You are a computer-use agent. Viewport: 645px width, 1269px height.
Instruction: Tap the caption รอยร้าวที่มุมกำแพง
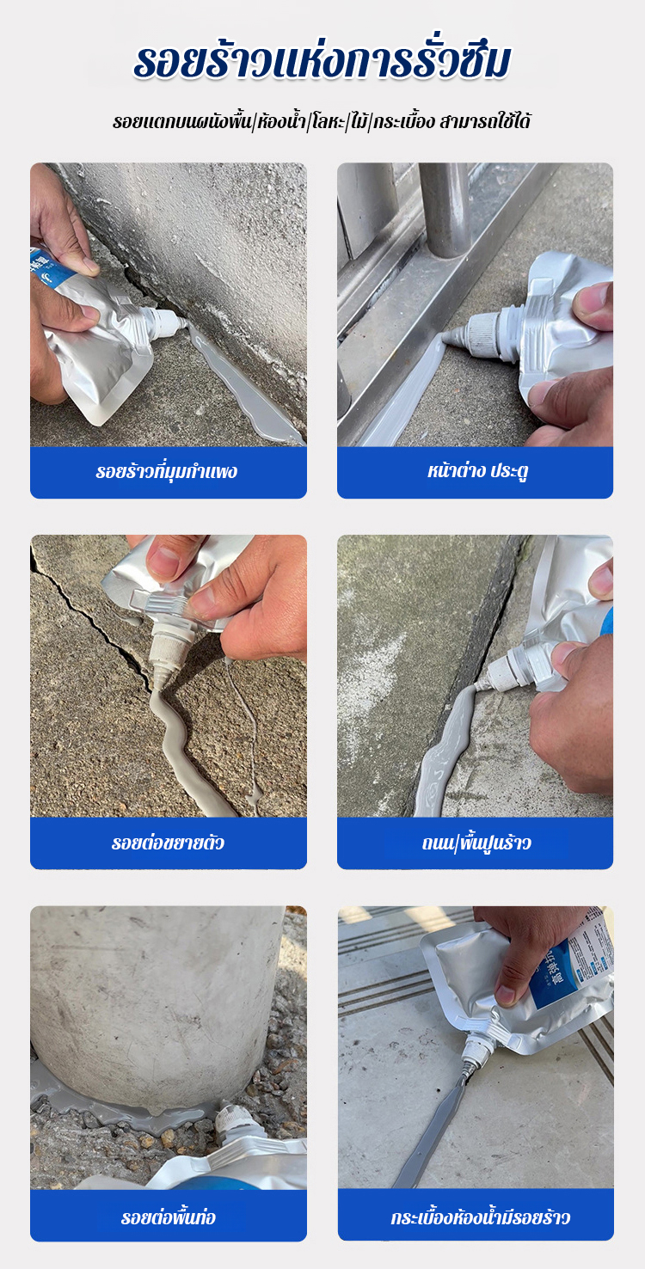166,471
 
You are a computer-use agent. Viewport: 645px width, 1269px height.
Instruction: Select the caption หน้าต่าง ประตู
478,471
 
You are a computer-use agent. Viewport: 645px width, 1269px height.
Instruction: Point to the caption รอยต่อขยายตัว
168,843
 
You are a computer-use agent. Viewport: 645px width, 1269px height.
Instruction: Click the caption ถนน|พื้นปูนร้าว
476,843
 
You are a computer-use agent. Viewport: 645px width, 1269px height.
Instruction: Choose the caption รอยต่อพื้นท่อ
169,1217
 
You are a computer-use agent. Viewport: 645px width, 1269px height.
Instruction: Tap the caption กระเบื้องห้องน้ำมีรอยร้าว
480,1217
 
